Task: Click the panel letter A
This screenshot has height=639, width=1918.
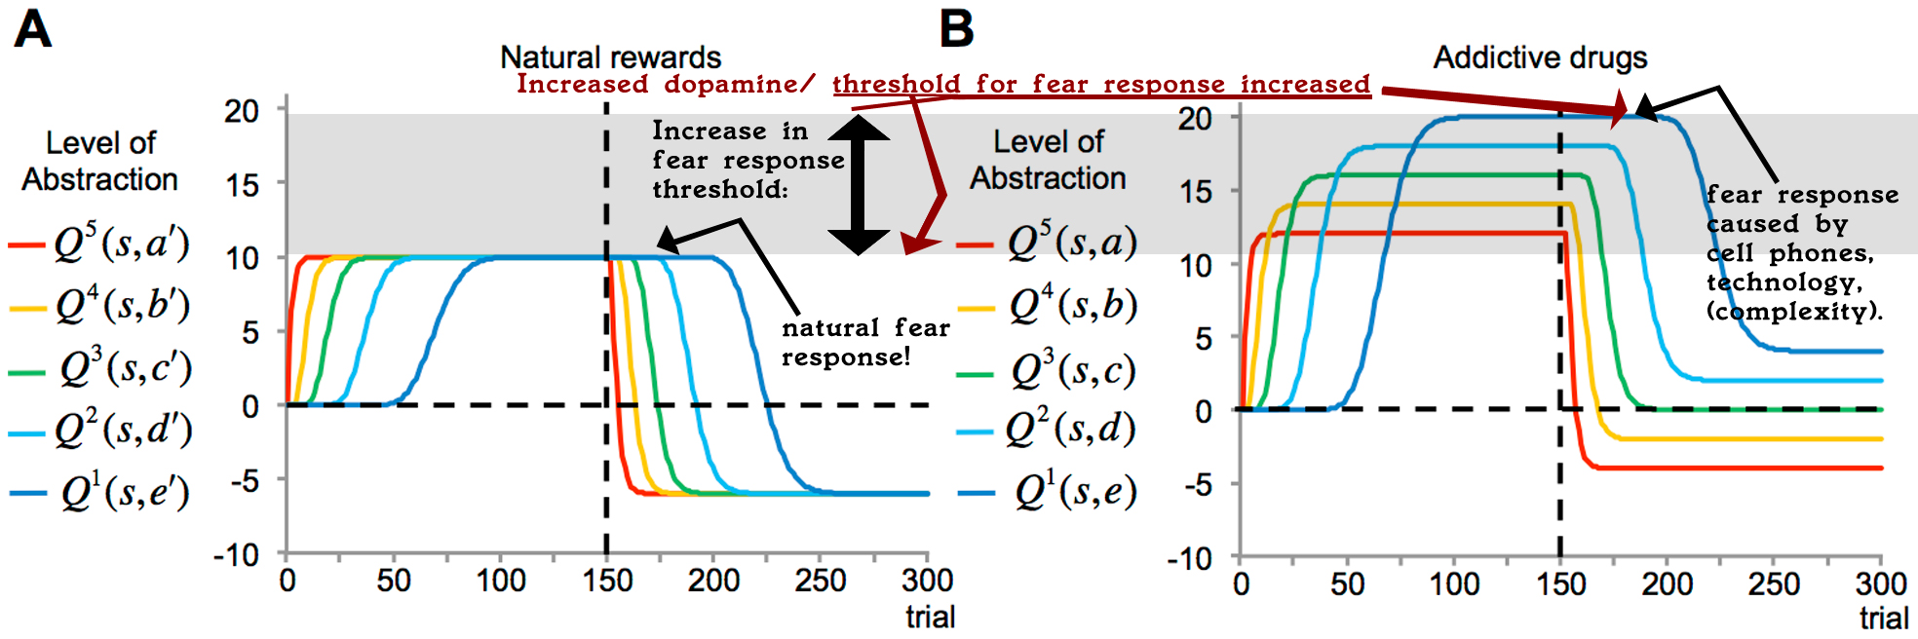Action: pos(32,29)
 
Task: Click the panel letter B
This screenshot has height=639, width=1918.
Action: pos(956,29)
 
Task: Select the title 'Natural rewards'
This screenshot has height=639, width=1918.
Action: pos(610,57)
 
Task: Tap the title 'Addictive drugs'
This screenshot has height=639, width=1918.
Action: pos(1540,57)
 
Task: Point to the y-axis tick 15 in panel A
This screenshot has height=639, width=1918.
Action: pos(243,184)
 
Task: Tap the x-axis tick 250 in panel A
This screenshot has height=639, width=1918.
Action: pos(820,582)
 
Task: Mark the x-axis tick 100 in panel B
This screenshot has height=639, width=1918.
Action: pos(1454,584)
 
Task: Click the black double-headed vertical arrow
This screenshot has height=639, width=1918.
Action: pos(858,185)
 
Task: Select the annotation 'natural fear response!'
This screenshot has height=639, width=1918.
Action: pos(865,342)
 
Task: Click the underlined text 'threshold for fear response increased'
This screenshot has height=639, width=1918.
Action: pos(1101,85)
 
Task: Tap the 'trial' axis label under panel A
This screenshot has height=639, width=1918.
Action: pos(930,617)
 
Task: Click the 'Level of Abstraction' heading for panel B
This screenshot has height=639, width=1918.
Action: pos(1048,160)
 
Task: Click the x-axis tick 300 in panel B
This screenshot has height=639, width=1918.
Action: pos(1881,584)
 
